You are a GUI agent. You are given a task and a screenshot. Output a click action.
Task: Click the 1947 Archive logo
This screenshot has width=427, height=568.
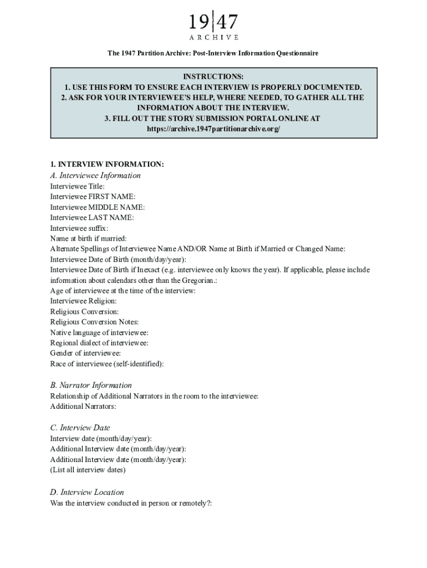click(213, 26)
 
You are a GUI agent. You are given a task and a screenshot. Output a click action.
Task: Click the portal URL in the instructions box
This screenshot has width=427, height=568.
click(213, 129)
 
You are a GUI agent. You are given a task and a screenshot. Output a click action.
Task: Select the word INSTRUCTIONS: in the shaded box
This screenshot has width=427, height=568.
click(213, 77)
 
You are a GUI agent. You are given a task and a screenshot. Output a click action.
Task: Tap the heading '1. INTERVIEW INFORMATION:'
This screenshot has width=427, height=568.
click(107, 164)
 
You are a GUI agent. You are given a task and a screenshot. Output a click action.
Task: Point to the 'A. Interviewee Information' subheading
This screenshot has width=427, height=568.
click(95, 175)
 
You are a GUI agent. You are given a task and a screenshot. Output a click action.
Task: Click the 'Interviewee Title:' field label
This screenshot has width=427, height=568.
click(77, 186)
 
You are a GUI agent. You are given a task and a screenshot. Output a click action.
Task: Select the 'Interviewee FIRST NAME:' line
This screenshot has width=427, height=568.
click(93, 196)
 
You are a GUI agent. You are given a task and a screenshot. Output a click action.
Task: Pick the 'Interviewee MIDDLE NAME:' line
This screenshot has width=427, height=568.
click(97, 207)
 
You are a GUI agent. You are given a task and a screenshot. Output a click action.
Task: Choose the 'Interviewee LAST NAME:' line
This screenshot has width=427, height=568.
click(91, 217)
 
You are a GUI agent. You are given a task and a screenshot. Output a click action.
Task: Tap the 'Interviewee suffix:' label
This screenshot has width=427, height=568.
click(79, 228)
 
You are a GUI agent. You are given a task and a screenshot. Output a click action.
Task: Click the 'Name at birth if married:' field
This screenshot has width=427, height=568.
click(88, 239)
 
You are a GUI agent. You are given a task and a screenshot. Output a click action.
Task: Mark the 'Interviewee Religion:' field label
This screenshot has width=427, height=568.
click(83, 301)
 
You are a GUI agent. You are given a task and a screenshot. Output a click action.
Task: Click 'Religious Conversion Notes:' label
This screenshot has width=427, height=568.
click(94, 322)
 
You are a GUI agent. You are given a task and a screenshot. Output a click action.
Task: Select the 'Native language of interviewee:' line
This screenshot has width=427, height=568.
click(99, 332)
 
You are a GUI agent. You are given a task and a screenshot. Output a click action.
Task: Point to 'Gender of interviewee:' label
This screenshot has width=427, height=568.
click(85, 353)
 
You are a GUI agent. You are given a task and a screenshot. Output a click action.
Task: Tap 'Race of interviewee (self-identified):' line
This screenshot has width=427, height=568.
click(107, 364)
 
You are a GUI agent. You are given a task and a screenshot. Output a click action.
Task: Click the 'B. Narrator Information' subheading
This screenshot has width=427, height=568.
click(91, 385)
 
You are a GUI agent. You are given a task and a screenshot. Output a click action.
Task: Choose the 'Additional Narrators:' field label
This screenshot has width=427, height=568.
click(83, 407)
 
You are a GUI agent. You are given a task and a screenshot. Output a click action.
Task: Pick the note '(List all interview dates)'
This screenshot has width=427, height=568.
click(88, 470)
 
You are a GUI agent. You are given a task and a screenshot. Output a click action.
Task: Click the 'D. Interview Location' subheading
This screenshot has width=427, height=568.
click(87, 492)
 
